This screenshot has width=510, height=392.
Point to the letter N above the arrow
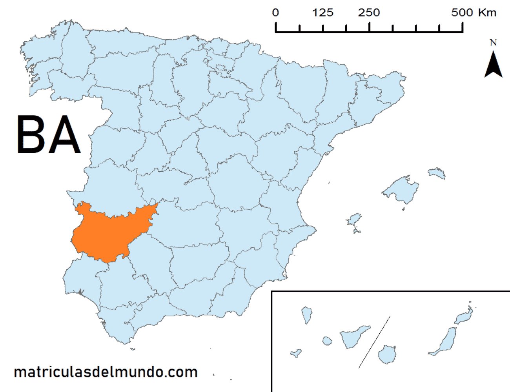[493, 42]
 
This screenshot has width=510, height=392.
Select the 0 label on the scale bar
[276, 13]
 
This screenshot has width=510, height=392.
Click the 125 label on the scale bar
[322, 13]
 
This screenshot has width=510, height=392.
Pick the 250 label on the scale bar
[369, 13]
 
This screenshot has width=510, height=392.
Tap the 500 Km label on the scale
[474, 13]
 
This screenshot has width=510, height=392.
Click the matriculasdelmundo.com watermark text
[106, 372]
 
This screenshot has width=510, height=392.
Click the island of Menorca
[437, 173]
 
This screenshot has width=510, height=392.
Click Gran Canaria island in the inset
[387, 354]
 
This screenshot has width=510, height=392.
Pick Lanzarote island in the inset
[464, 316]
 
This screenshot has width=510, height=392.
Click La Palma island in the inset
[306, 315]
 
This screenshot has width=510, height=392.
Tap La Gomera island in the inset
[327, 341]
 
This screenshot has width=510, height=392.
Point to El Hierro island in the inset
[296, 353]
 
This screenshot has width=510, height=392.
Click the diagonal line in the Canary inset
[374, 342]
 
